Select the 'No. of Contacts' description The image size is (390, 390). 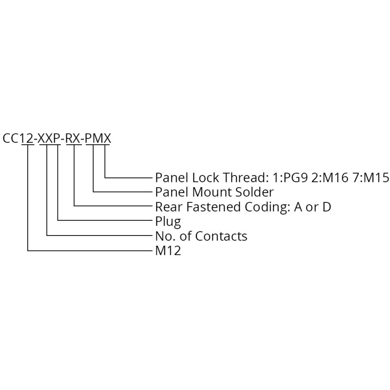[201, 236]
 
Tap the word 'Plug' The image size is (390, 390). [168, 222]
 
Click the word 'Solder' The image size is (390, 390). [254, 192]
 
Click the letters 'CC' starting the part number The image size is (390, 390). [11, 138]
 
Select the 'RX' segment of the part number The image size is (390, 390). [74, 138]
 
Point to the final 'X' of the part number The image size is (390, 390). [106, 138]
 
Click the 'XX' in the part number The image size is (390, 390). [46, 138]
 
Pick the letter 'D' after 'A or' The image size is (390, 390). [327, 207]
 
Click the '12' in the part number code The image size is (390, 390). [27, 138]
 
